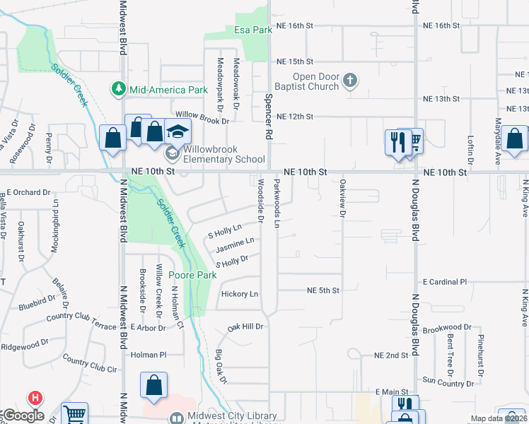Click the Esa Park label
(252, 30)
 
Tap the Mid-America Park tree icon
(118, 89)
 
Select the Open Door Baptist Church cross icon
(349, 81)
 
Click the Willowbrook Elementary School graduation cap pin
(178, 131)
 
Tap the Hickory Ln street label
(239, 294)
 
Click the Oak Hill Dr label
(245, 327)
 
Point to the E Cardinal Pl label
(445, 281)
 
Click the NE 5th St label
(323, 290)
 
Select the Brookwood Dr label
(447, 328)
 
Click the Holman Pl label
(149, 355)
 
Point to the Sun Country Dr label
(448, 382)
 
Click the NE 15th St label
(295, 61)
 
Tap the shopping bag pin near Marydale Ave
(516, 139)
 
